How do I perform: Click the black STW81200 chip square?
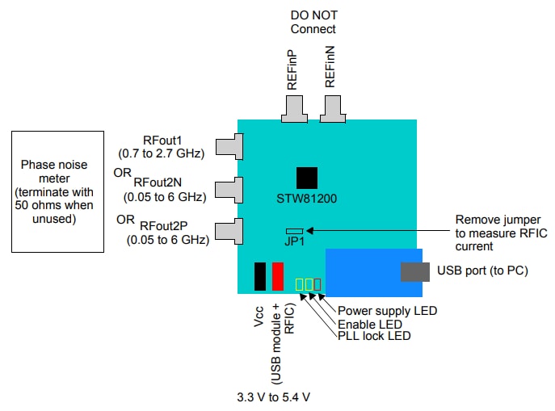[306, 178]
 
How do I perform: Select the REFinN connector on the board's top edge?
[331, 108]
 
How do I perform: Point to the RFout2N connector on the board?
[231, 189]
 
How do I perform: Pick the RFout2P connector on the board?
[231, 230]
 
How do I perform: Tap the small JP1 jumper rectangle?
[295, 231]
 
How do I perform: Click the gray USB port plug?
[414, 271]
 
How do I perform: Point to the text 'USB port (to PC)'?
[482, 271]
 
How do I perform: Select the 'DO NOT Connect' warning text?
[313, 23]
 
